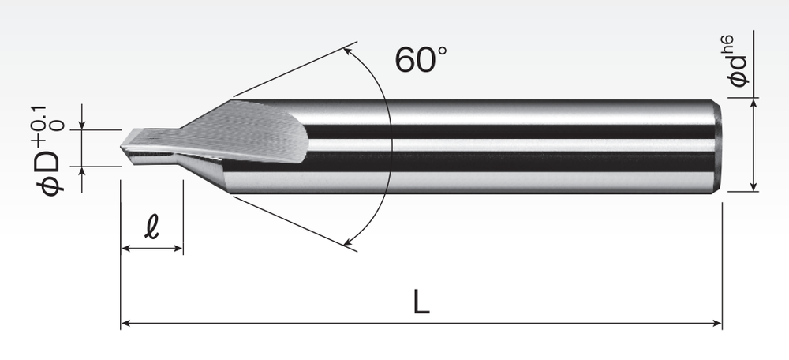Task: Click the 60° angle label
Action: [x=421, y=60]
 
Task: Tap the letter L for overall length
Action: [x=421, y=302]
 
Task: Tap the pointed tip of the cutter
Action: [x=122, y=147]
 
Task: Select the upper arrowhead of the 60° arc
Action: [x=346, y=51]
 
